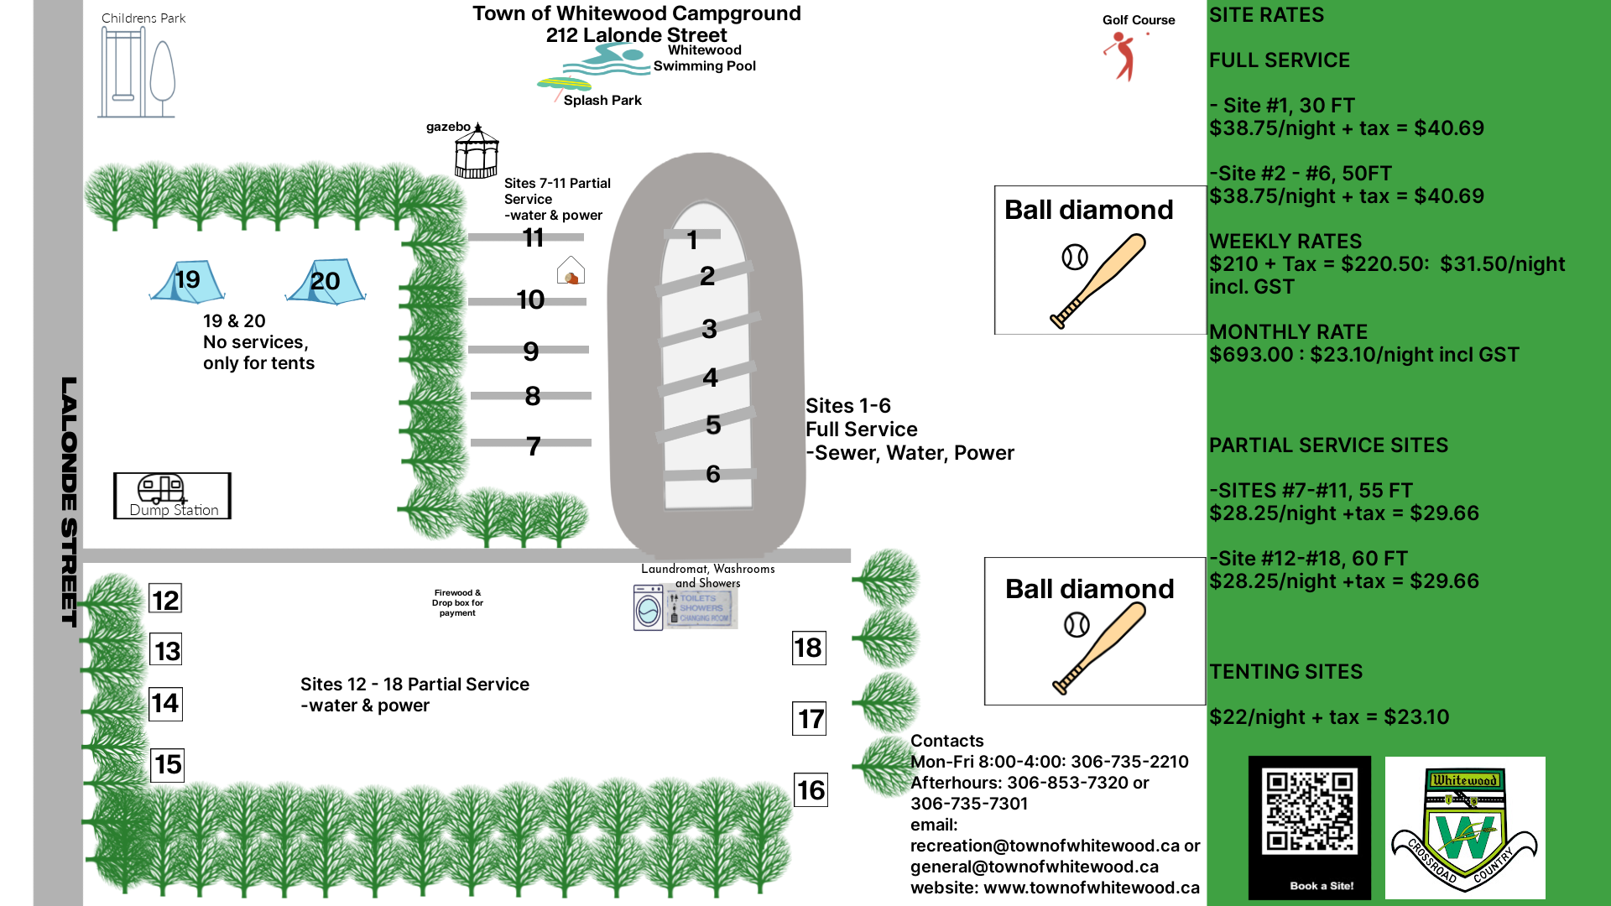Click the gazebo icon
pyautogui.click(x=477, y=151)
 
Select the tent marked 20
pyautogui.click(x=326, y=281)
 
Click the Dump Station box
pyautogui.click(x=172, y=496)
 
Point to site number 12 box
pyautogui.click(x=165, y=600)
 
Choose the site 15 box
pyautogui.click(x=167, y=765)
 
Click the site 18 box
pyautogui.click(x=809, y=648)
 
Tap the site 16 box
pyautogui.click(x=811, y=790)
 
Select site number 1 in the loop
pyautogui.click(x=692, y=241)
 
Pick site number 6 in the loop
pyautogui.click(x=713, y=474)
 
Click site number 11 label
pyautogui.click(x=534, y=238)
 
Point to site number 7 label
pyautogui.click(x=534, y=446)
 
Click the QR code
pyautogui.click(x=1310, y=812)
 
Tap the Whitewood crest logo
pyautogui.click(x=1465, y=828)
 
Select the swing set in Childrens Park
pyautogui.click(x=123, y=72)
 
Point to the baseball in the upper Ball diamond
pyautogui.click(x=1075, y=257)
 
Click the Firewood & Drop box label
pyautogui.click(x=457, y=603)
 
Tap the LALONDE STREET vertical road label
pyautogui.click(x=69, y=502)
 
